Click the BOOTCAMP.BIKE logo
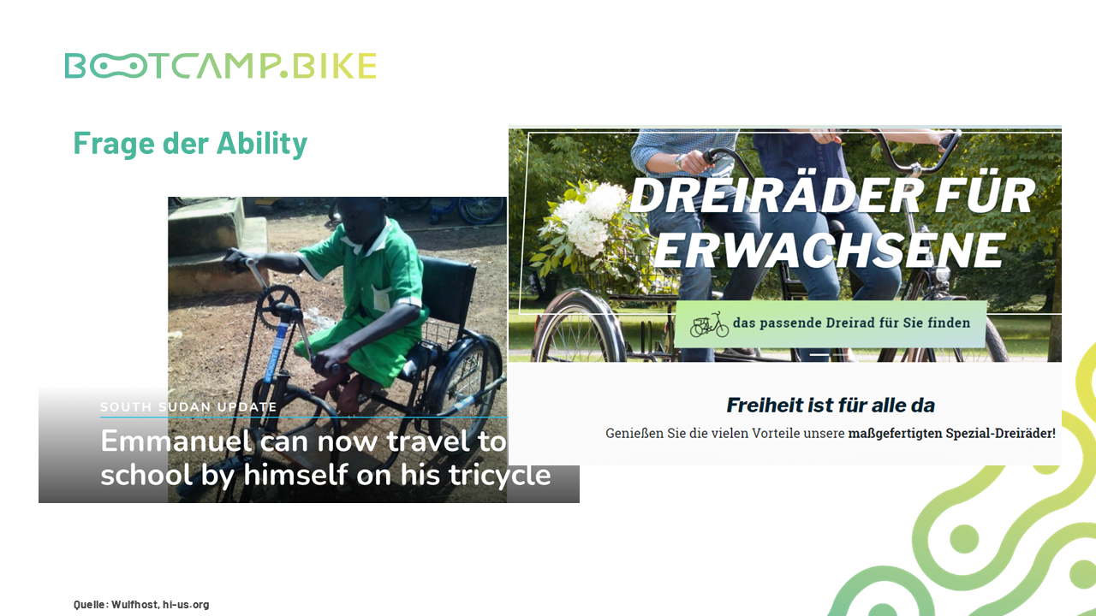(x=220, y=66)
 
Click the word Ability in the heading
(x=262, y=144)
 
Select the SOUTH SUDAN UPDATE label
(x=188, y=406)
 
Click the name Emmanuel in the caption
(x=176, y=441)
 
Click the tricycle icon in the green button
(x=709, y=324)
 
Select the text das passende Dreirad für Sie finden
(x=851, y=323)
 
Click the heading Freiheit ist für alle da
(x=831, y=406)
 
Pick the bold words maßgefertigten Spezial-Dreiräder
(x=951, y=433)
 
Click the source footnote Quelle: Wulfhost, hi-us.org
(x=141, y=604)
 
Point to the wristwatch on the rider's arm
(x=679, y=162)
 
